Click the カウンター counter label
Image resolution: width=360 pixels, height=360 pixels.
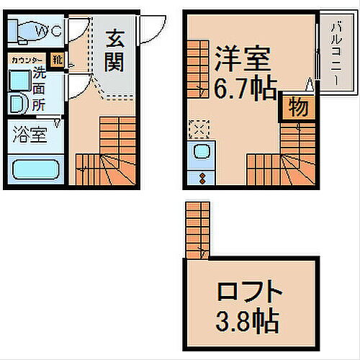tap(26, 60)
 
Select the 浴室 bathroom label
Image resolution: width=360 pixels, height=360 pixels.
tap(27, 134)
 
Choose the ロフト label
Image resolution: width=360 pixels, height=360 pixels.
tap(247, 292)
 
